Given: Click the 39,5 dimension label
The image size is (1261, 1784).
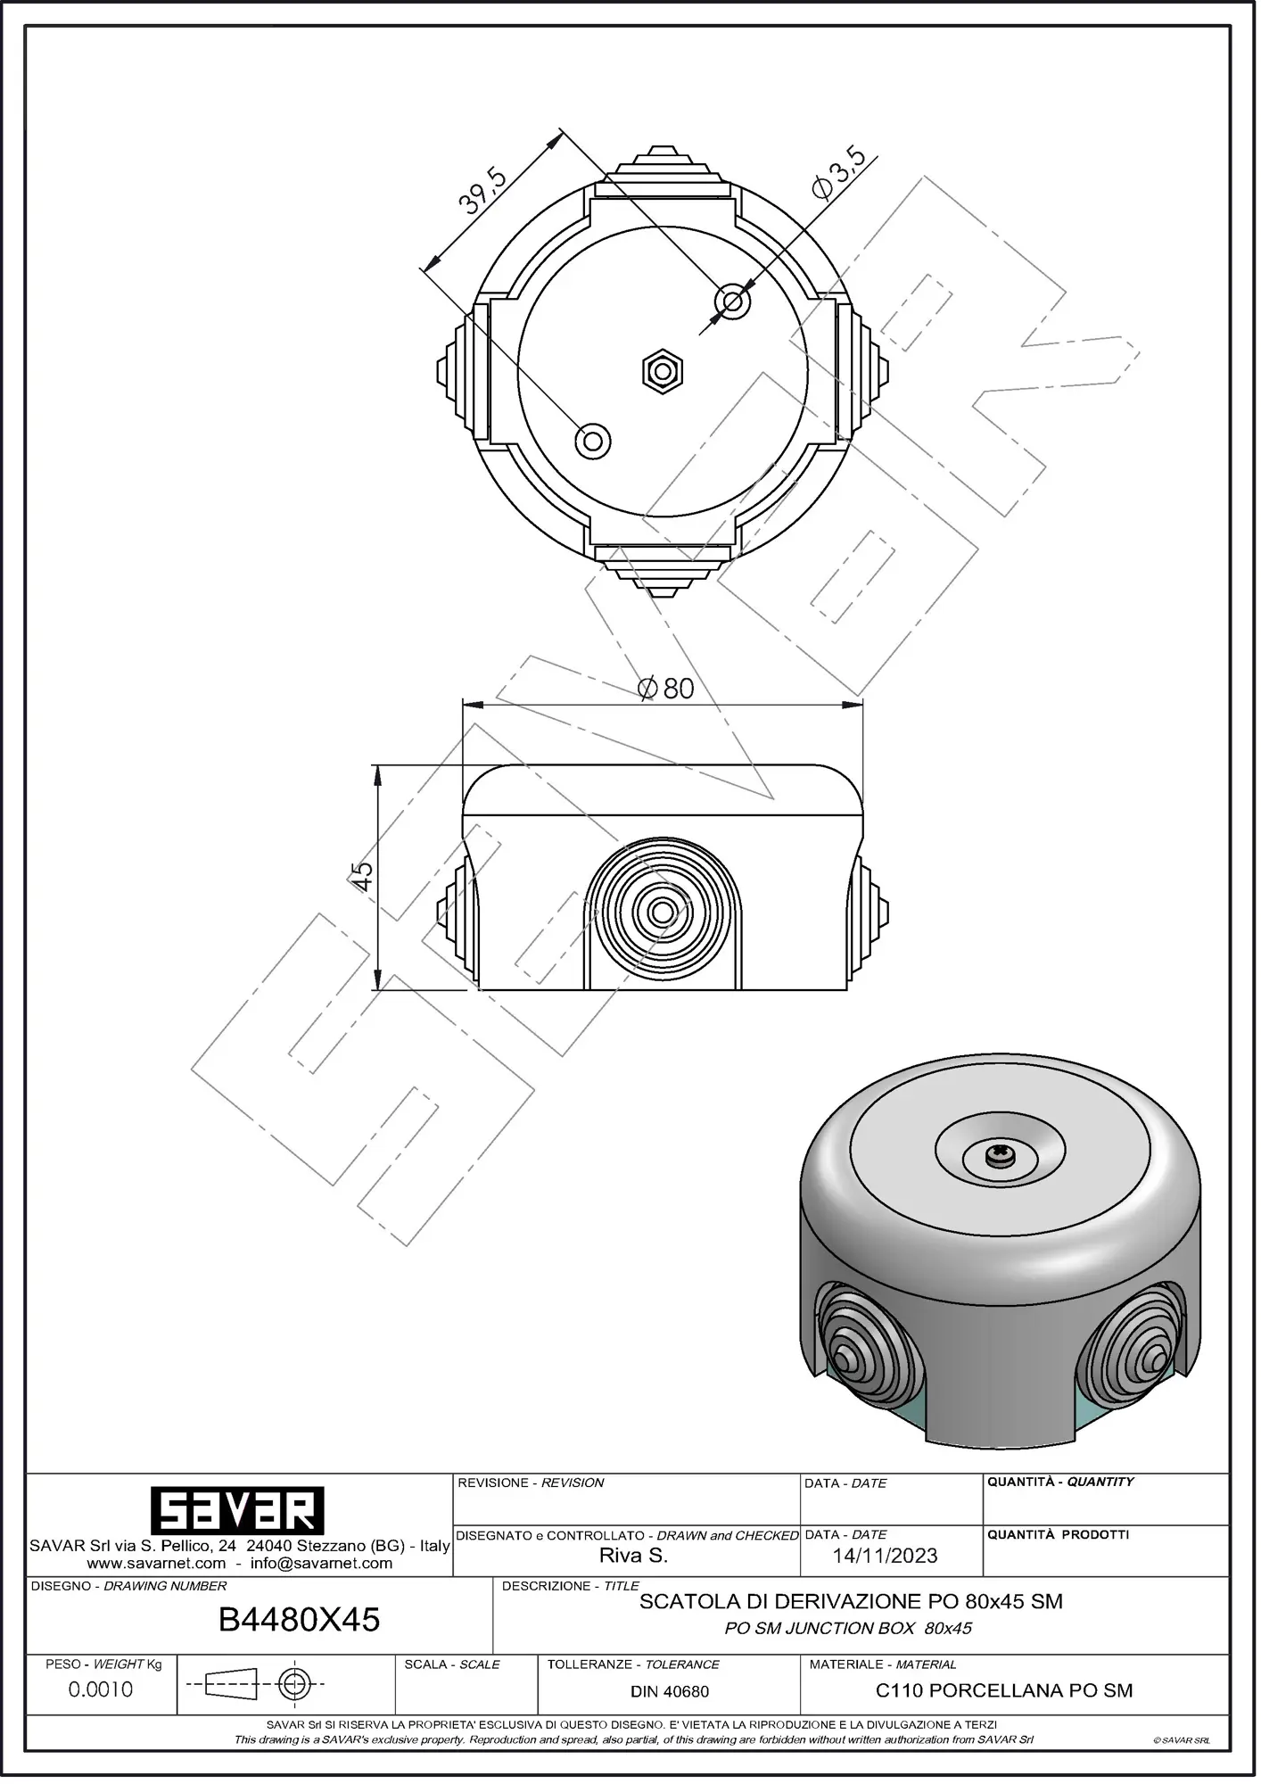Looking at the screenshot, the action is [x=482, y=190].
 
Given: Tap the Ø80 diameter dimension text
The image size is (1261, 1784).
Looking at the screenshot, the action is [x=666, y=688].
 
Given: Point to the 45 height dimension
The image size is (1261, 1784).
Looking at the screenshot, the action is [x=361, y=876].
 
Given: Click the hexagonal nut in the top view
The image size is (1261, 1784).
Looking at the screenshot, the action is [x=663, y=370].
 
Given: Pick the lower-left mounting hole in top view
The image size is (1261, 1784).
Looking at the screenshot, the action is [x=593, y=440].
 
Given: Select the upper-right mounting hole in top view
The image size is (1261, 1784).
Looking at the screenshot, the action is [x=732, y=301].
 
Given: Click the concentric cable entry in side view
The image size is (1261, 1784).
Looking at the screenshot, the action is [x=662, y=912].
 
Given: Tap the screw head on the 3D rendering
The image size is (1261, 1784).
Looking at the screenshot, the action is [x=999, y=1155].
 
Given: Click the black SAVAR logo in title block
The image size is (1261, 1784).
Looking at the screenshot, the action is [x=236, y=1510].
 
